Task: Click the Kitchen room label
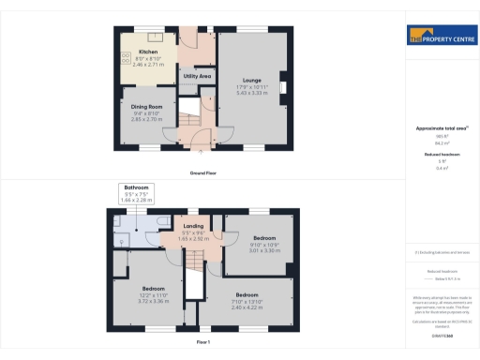148,51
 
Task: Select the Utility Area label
196,75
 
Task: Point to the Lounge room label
250,81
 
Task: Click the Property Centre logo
438,37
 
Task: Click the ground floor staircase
188,119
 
